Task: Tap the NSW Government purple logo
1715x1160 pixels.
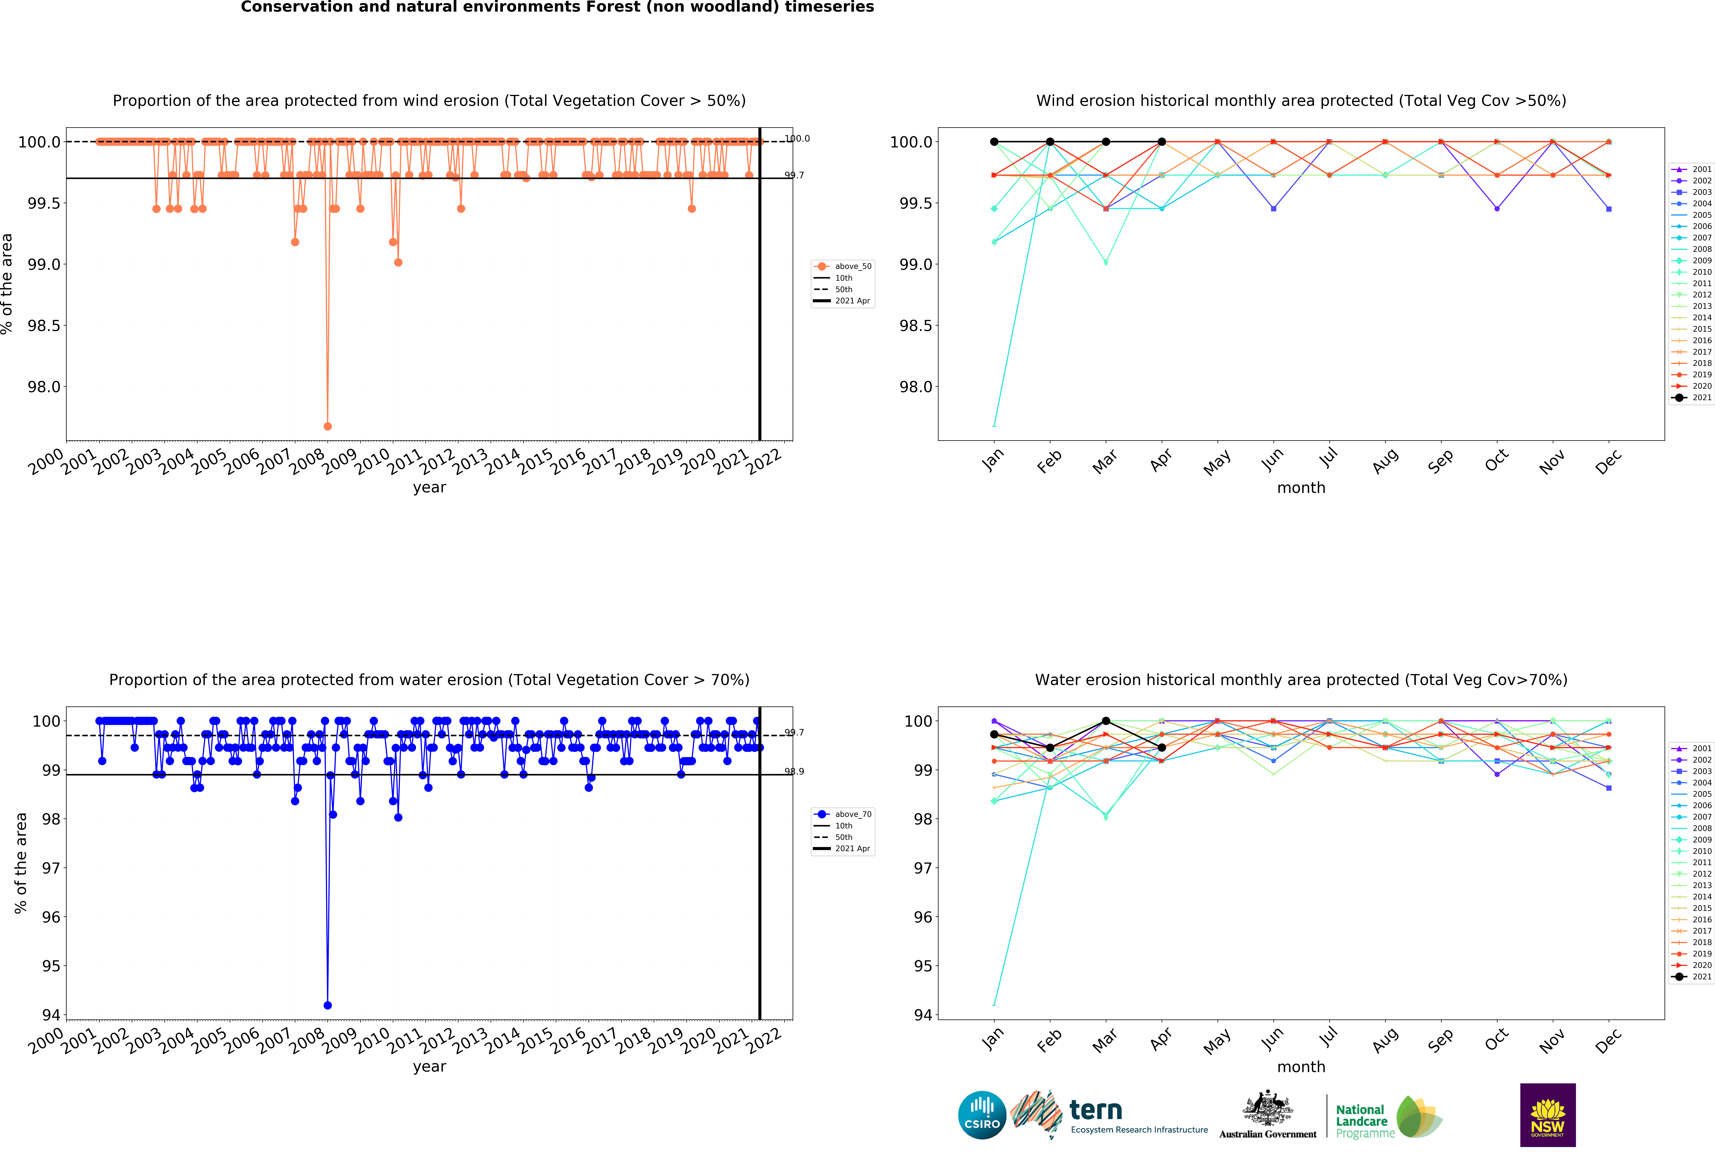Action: pyautogui.click(x=1548, y=1115)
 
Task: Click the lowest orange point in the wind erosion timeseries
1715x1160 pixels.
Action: pyautogui.click(x=328, y=426)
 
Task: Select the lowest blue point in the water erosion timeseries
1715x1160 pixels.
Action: pyautogui.click(x=328, y=1005)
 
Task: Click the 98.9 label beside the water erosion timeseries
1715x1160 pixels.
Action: pyautogui.click(x=794, y=772)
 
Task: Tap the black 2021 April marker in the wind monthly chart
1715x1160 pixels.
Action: pyautogui.click(x=1161, y=142)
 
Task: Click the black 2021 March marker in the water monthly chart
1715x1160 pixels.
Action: pyautogui.click(x=1105, y=721)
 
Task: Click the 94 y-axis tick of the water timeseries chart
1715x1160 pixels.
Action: pyautogui.click(x=52, y=1015)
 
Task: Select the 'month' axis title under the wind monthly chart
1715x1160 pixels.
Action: pyautogui.click(x=1301, y=488)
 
